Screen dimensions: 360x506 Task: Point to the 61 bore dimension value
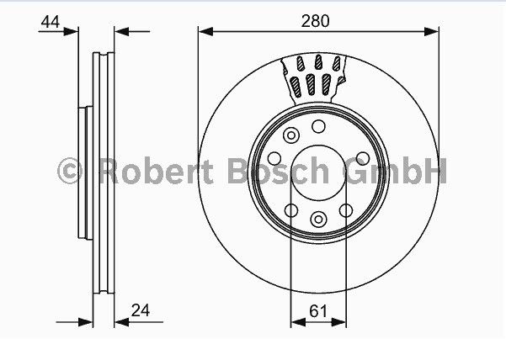pyautogui.click(x=318, y=310)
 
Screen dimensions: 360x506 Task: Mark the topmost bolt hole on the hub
pyautogui.click(x=318, y=126)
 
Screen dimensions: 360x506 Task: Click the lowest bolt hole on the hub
pyautogui.click(x=318, y=220)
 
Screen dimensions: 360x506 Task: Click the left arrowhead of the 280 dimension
pyautogui.click(x=205, y=32)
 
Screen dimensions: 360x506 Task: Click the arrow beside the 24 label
pyautogui.click(x=120, y=321)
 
